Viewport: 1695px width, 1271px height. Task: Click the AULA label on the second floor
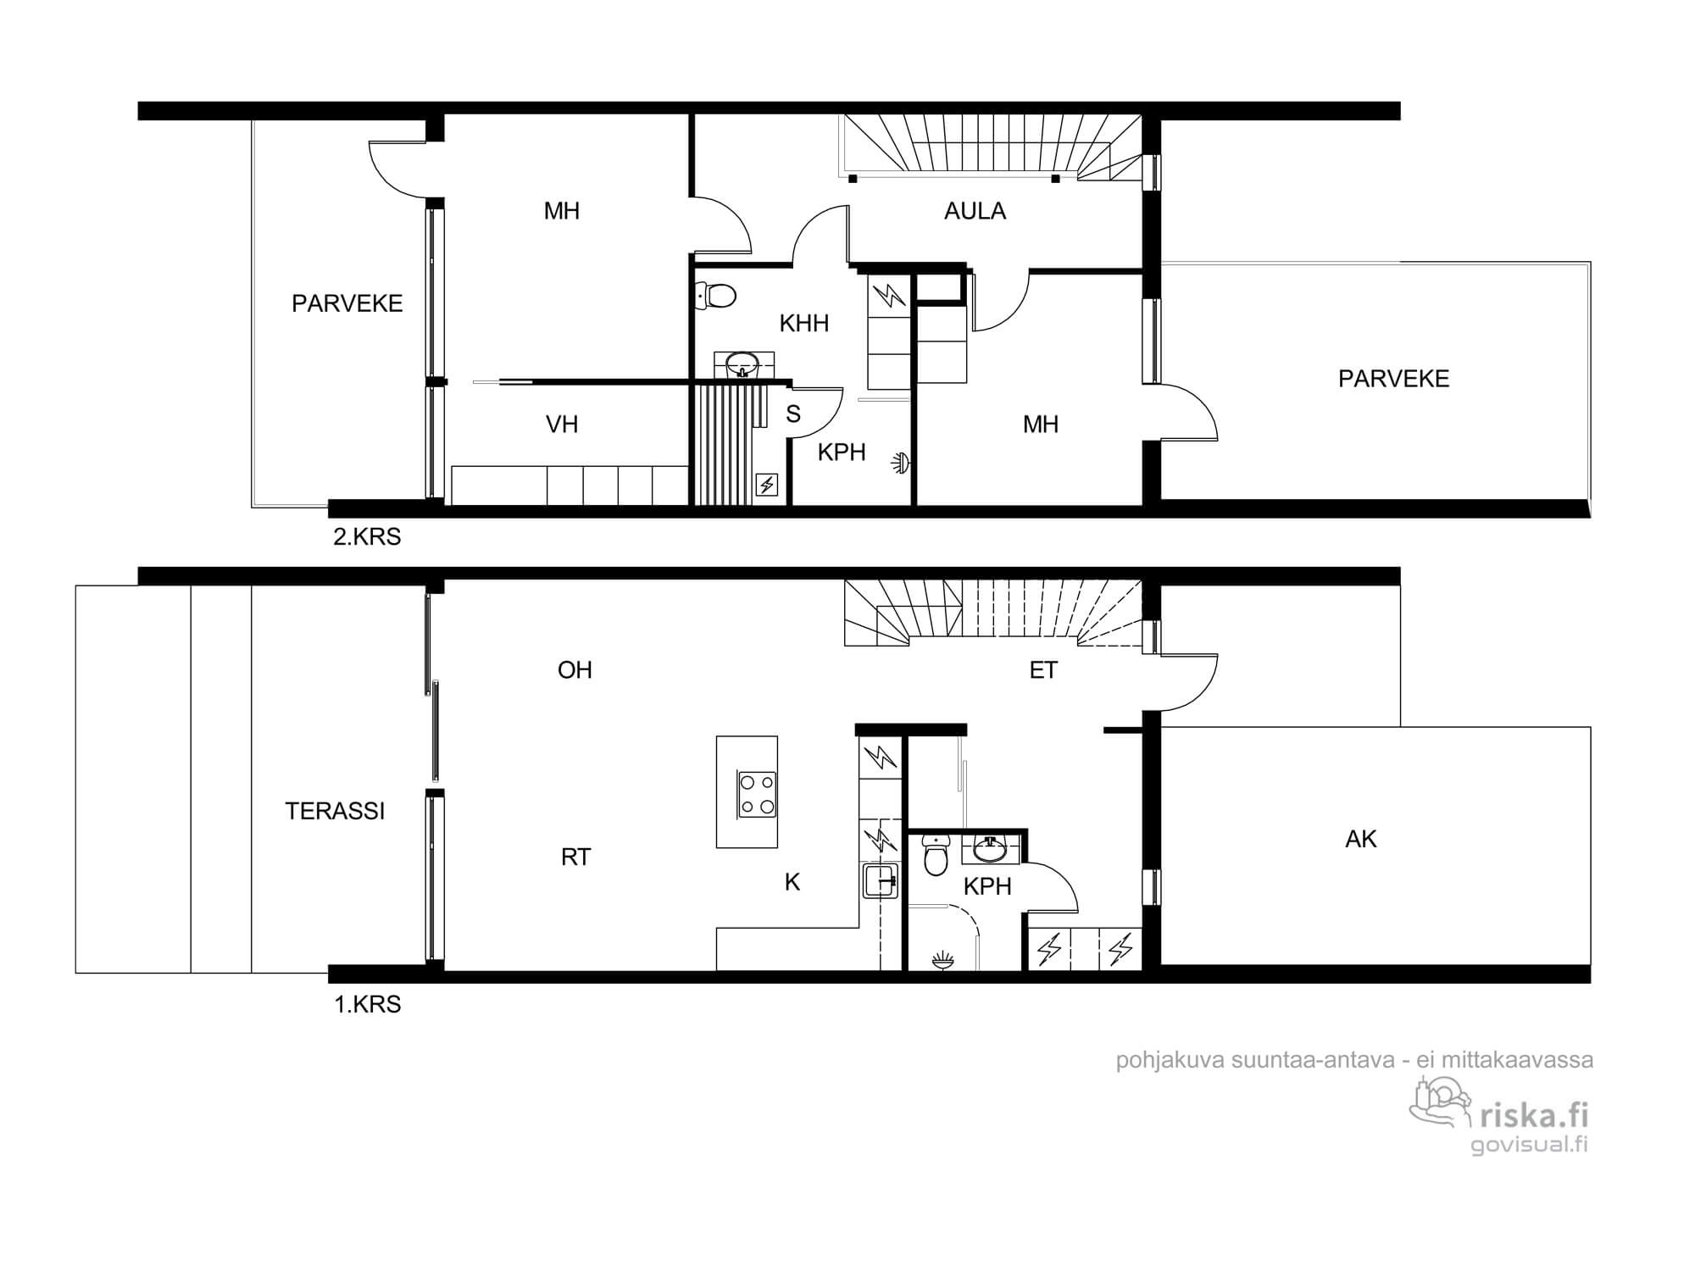975,211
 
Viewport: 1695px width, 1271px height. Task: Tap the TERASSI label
335,812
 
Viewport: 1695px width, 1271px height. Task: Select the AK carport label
1361,839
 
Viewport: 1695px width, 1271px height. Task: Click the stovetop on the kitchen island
758,795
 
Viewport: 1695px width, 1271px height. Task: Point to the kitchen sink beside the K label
881,881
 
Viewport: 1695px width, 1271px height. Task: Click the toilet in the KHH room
715,296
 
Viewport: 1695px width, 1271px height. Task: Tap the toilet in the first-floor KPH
935,856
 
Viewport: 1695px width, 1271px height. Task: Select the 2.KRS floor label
367,536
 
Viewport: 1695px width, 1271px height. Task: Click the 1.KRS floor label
367,1004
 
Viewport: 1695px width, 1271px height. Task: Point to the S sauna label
793,414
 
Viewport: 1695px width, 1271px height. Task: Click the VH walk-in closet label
562,425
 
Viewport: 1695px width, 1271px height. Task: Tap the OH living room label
575,670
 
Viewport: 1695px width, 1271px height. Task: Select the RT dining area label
575,858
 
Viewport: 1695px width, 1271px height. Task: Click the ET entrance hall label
1043,670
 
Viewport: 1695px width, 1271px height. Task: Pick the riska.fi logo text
1535,1115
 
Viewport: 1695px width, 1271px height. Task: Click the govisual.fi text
1529,1145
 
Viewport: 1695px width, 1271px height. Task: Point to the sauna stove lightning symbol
767,485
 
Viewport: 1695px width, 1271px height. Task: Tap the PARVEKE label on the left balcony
347,303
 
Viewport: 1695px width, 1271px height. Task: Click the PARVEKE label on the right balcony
1394,379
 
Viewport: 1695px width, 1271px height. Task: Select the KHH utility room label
803,323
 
